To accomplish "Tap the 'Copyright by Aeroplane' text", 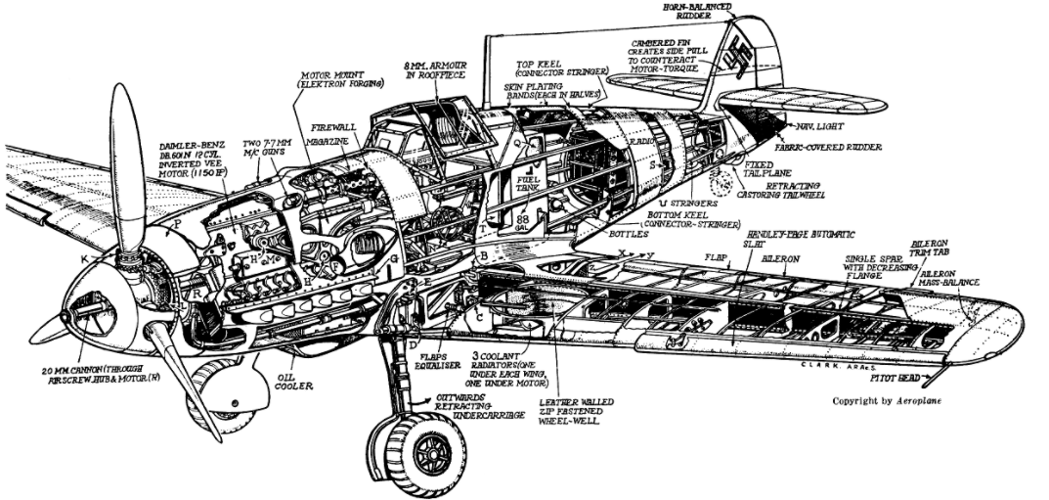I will [x=888, y=401].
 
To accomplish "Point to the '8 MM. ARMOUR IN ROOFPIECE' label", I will [x=432, y=69].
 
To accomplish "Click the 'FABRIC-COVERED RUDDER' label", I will [x=841, y=147].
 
